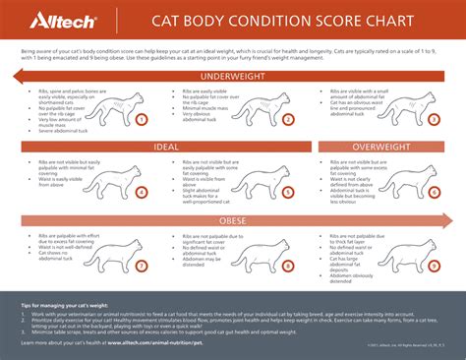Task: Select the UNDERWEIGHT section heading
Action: [x=233, y=77]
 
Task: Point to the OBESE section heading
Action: [x=233, y=220]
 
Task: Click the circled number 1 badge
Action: [x=142, y=120]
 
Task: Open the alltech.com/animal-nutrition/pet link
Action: [x=167, y=343]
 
